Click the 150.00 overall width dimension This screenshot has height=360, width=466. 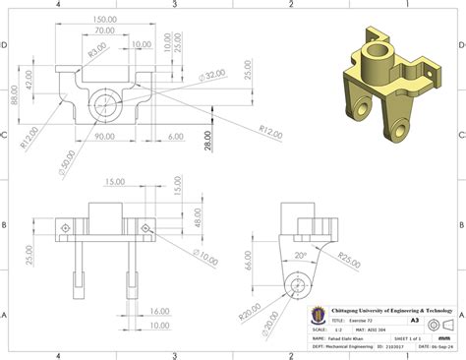tap(107, 19)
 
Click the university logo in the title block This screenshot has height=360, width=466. tap(318, 313)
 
